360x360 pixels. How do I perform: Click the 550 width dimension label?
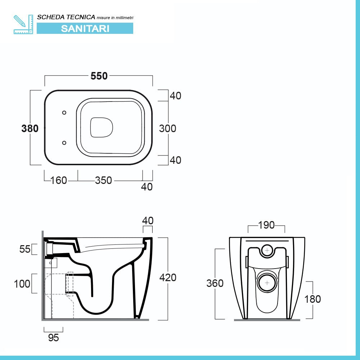point(99,76)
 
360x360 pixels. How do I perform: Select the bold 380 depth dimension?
point(30,128)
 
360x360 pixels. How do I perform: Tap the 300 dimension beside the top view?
point(168,128)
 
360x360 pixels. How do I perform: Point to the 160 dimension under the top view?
point(59,180)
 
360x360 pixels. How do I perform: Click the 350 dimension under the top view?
point(103,180)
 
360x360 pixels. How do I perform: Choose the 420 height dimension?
point(168,278)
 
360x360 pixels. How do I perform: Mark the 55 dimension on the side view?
point(25,249)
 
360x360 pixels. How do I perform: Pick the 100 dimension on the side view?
point(22,283)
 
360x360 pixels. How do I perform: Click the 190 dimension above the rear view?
point(266,225)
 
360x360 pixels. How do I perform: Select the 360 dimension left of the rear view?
point(215,283)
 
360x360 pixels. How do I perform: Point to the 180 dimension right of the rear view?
point(312,299)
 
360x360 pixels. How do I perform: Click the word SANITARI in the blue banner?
point(85,28)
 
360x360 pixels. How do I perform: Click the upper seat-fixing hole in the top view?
point(64,113)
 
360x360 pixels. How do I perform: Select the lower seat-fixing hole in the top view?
point(64,143)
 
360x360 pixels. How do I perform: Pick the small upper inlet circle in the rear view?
point(267,250)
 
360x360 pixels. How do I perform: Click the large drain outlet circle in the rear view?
point(267,283)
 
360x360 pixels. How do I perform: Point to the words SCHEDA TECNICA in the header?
point(66,17)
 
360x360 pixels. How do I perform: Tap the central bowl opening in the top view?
point(102,127)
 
